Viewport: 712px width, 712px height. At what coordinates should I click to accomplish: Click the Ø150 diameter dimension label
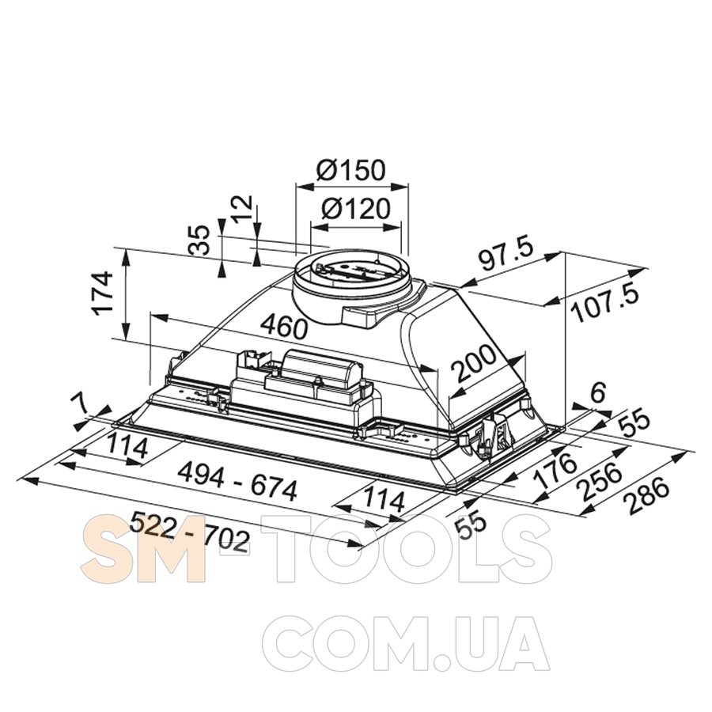point(350,170)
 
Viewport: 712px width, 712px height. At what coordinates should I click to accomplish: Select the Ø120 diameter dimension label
point(355,210)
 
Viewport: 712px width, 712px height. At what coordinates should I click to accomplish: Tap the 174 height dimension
point(103,293)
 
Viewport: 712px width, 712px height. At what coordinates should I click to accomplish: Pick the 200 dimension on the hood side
point(475,363)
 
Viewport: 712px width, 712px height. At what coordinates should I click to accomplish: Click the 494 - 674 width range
point(237,481)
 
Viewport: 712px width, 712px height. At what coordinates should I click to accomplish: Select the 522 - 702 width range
point(190,531)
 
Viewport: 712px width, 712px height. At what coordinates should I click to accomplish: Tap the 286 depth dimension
point(646,496)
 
